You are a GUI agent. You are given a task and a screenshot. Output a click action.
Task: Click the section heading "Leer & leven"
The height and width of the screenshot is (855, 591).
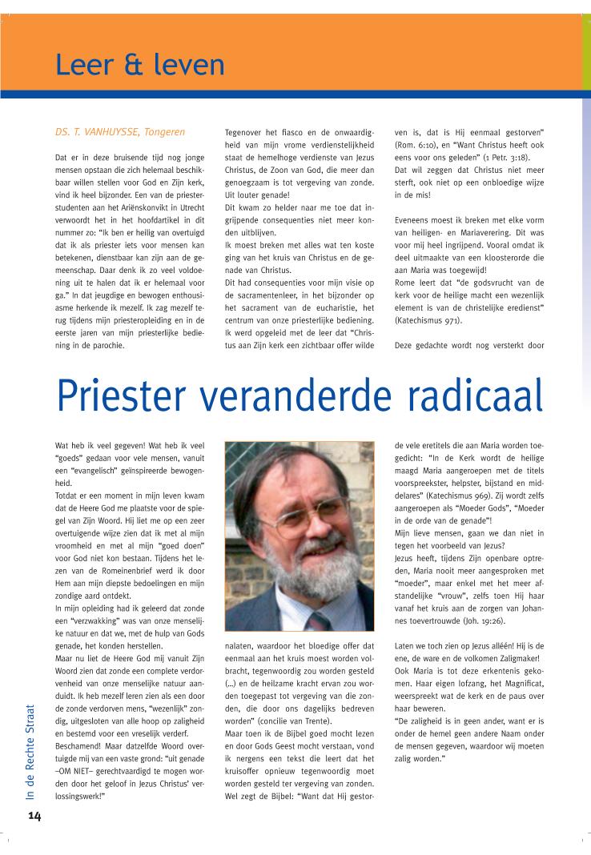[x=139, y=63]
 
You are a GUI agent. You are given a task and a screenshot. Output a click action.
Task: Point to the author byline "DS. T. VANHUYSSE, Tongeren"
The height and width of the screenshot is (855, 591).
[x=119, y=131]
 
